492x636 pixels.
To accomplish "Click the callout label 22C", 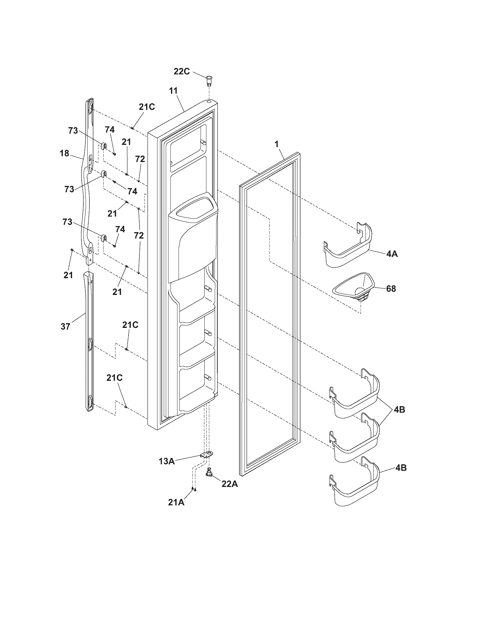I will point(181,71).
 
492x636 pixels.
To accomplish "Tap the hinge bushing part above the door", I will point(209,79).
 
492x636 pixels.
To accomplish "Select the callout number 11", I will point(173,90).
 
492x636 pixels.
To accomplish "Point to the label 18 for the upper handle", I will point(65,153).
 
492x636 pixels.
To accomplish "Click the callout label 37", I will point(66,326).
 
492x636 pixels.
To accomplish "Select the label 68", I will point(391,289).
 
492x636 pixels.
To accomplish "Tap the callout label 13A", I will point(167,461).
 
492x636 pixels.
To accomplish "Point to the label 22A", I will point(230,484).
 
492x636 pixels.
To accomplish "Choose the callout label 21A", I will point(176,502).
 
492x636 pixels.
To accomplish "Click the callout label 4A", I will point(392,254).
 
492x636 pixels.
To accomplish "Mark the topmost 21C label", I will point(147,107).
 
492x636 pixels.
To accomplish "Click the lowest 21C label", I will point(114,378).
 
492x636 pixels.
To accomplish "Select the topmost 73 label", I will point(73,131).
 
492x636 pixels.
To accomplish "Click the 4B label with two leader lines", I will point(399,409).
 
